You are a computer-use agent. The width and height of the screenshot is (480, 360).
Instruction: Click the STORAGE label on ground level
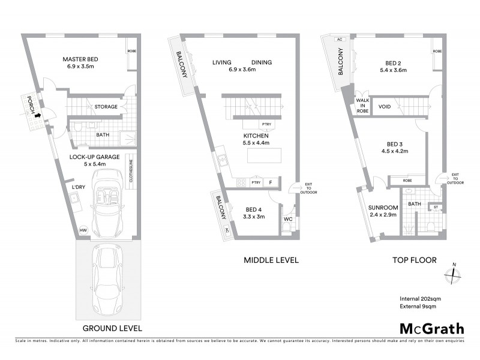point(105,107)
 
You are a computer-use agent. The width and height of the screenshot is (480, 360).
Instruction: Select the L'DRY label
point(77,188)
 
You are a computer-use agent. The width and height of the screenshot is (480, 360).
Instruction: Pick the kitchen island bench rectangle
point(267,155)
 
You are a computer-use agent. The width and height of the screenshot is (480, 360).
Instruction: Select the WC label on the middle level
point(287,219)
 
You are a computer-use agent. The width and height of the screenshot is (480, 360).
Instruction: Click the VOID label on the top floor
point(385,107)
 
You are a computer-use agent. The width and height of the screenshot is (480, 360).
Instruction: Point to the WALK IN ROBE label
point(362,106)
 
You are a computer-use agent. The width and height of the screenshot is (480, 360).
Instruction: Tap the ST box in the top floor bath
point(436,208)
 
